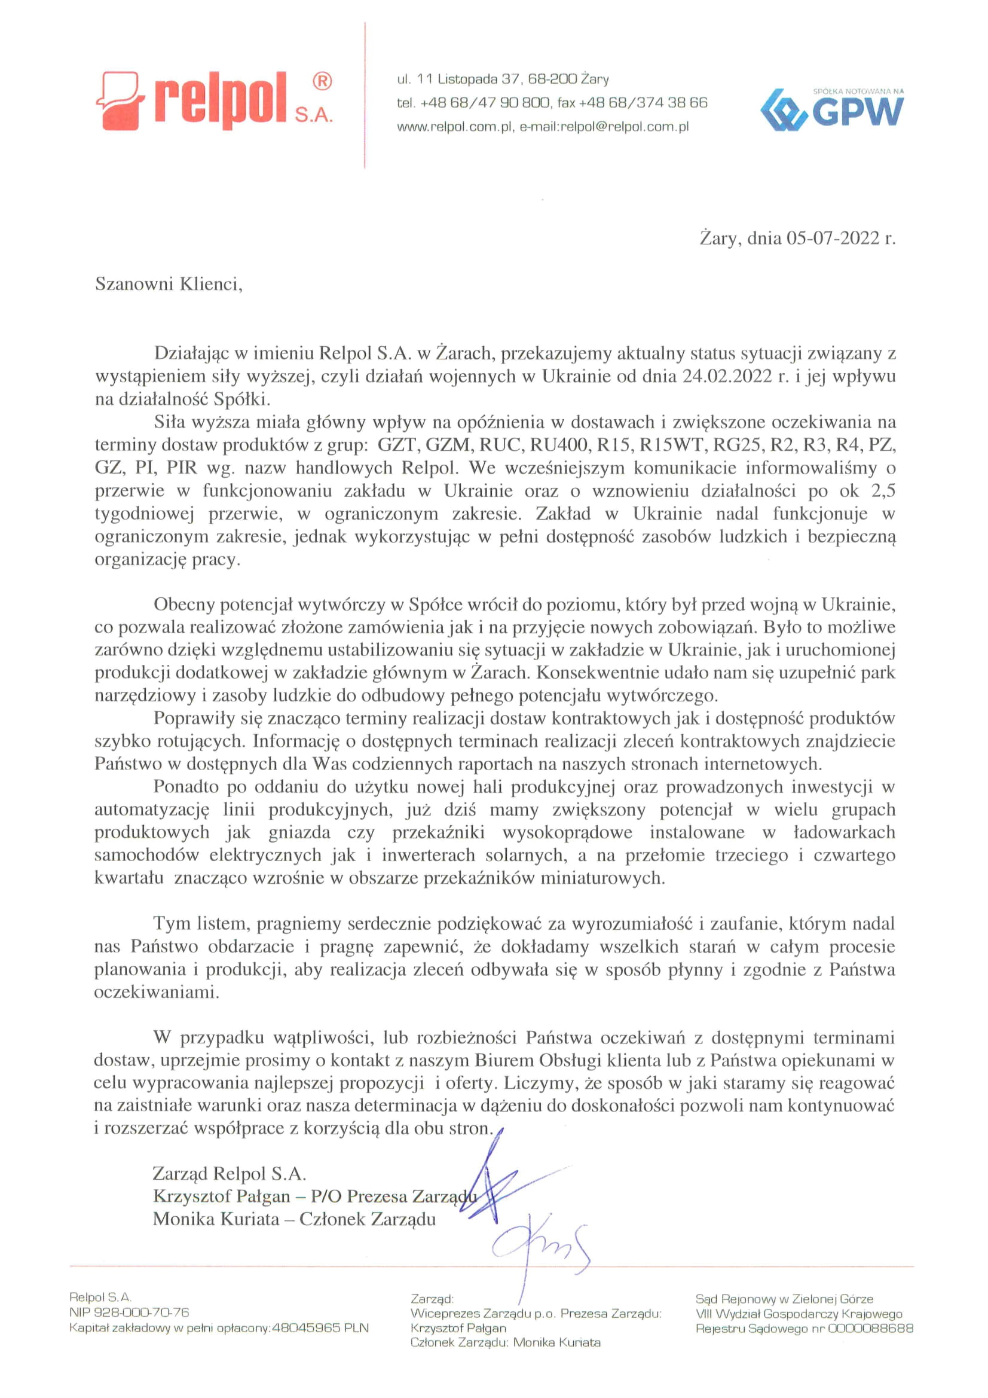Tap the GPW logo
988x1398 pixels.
coord(832,109)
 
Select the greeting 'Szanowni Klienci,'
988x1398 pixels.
coord(169,285)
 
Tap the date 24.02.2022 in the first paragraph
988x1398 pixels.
coord(726,376)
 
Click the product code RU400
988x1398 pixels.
coord(559,444)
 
